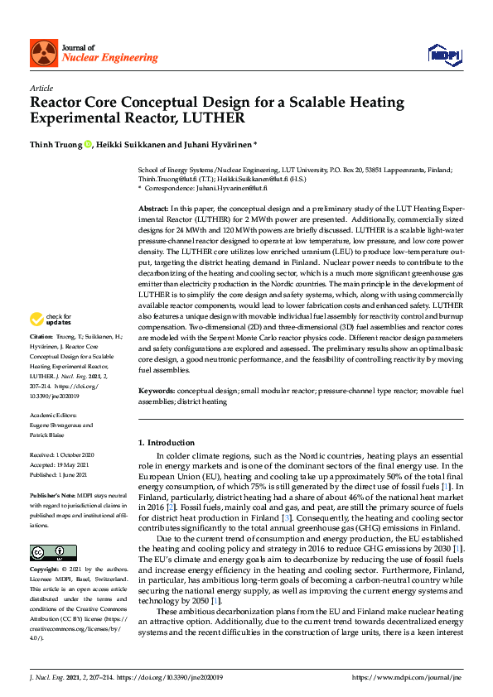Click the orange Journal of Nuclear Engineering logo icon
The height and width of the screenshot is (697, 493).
click(x=44, y=54)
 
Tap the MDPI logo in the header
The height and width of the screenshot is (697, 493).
click(x=444, y=54)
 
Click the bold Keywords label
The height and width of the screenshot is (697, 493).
click(x=157, y=389)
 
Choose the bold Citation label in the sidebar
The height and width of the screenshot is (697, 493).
click(x=41, y=338)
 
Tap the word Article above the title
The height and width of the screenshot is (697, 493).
click(x=41, y=88)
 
